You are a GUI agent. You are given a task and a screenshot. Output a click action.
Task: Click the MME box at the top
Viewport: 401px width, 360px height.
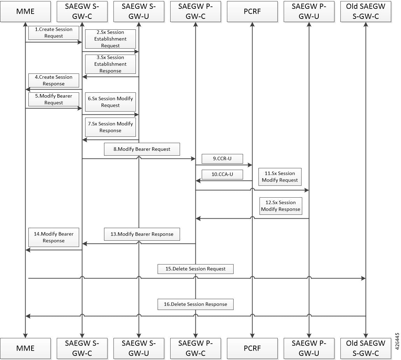25,12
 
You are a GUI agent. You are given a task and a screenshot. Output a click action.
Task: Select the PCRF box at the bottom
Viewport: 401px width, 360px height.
252,348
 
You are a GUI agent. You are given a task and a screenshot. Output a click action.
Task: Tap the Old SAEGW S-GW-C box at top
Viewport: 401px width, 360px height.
366,12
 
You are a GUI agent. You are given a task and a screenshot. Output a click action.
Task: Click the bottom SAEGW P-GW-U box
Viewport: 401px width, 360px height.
309,348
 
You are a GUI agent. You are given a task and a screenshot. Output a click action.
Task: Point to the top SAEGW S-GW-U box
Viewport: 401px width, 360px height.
139,12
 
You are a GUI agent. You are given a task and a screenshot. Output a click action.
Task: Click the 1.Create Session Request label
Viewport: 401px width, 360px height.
54,33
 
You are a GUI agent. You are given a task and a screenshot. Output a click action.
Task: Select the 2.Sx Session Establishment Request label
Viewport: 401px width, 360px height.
110,39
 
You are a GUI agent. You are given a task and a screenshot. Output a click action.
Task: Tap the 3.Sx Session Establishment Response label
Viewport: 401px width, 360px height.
110,64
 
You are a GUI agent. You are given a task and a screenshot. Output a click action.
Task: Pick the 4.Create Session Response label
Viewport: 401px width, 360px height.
54,80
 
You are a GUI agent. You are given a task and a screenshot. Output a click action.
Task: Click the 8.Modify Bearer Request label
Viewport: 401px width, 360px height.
142,149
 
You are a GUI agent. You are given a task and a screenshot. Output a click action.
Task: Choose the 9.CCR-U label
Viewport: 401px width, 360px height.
222,159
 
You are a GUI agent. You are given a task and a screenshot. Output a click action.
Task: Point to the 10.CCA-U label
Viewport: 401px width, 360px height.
222,175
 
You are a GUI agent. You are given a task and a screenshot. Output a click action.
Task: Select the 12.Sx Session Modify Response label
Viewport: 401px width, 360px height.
281,206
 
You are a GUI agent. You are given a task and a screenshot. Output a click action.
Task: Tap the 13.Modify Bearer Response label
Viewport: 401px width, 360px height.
142,234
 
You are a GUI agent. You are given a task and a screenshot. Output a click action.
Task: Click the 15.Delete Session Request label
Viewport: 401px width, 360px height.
195,269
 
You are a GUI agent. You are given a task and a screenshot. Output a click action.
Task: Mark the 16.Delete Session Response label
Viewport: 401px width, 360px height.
195,304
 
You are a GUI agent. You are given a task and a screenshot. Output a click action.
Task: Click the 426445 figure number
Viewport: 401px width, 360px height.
397,341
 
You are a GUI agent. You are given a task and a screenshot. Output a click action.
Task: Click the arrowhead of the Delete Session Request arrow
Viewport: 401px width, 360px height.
364,278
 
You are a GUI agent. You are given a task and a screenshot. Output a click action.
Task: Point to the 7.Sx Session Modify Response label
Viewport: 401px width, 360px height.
110,127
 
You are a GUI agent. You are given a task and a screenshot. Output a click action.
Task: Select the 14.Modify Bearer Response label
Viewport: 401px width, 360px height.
54,237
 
